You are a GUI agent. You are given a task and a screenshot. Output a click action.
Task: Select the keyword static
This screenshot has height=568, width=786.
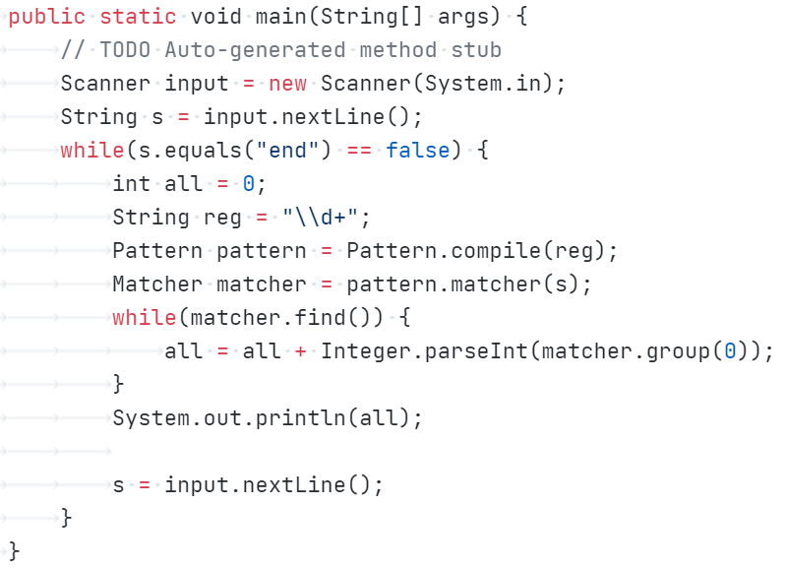pyautogui.click(x=139, y=17)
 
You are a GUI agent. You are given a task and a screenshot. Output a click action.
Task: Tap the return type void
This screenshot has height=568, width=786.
pyautogui.click(x=216, y=17)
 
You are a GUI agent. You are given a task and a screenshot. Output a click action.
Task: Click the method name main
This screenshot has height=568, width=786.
pyautogui.click(x=281, y=17)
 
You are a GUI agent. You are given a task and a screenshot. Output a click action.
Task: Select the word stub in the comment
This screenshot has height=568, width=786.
pyautogui.click(x=476, y=50)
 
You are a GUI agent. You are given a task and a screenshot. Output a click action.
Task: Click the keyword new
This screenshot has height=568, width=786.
pyautogui.click(x=287, y=84)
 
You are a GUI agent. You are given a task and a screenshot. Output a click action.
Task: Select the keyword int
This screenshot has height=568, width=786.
pyautogui.click(x=132, y=184)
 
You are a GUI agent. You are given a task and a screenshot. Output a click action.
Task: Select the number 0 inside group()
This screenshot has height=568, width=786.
pyautogui.click(x=730, y=351)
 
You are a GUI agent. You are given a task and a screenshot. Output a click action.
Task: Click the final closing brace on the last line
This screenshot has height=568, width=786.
pyautogui.click(x=14, y=551)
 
